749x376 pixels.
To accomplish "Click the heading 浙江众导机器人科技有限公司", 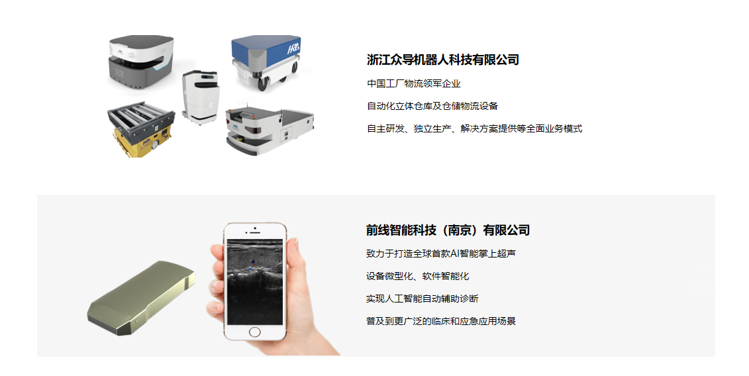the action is (443, 60).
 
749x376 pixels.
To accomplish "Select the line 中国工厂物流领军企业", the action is (414, 83).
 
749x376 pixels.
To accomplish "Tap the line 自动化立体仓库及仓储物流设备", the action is (432, 106).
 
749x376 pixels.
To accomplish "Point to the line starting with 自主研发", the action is (474, 128).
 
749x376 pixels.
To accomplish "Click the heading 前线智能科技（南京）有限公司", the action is (448, 230).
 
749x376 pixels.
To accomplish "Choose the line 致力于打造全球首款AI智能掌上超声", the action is (441, 254).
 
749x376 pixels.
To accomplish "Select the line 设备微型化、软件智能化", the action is (417, 276).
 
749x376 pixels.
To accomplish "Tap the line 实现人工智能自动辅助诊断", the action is (423, 299).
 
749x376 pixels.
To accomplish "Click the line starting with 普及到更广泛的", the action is (441, 321).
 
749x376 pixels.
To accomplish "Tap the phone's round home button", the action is (254, 332).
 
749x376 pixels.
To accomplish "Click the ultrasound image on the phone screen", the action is (254, 282).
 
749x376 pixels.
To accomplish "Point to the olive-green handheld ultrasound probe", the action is (142, 298).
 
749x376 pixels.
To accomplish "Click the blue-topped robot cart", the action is (267, 62).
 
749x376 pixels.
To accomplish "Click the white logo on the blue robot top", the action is (293, 48).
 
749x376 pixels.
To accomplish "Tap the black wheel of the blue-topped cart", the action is (263, 83).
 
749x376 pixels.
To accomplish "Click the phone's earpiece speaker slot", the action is (255, 232).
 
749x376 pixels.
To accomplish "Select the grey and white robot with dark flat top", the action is (140, 63).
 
